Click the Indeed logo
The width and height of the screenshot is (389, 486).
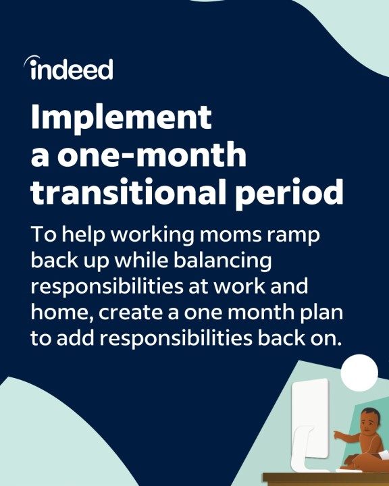(x=68, y=67)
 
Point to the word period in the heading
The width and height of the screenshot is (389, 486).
(x=289, y=193)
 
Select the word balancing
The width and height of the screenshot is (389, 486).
(x=222, y=261)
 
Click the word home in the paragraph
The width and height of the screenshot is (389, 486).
(x=63, y=313)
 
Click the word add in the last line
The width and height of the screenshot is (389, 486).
(x=76, y=338)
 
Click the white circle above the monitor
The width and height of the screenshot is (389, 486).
(x=359, y=373)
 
